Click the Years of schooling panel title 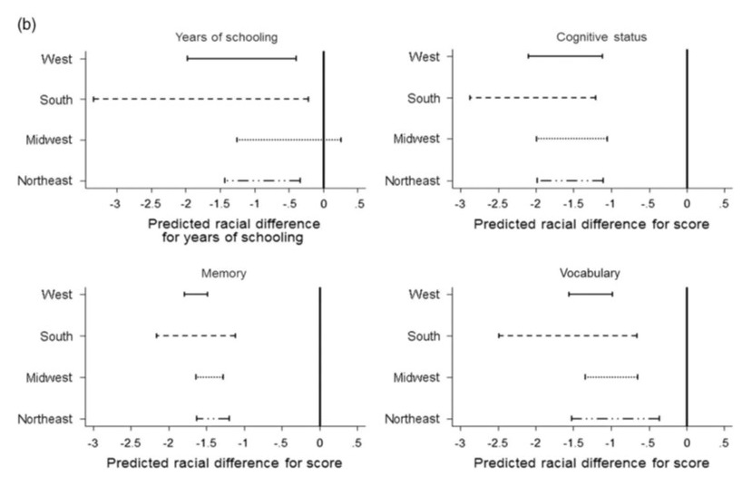coord(227,37)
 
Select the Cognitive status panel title coord(594,36)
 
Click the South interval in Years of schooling coord(200,98)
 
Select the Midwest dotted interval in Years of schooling coord(288,140)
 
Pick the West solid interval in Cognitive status coord(565,56)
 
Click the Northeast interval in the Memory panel coord(213,418)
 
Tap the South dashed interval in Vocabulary coord(568,335)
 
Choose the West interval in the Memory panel coord(196,294)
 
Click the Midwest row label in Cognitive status coord(416,139)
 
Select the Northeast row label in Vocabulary coord(413,418)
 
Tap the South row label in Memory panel coord(57,335)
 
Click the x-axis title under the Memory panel coord(224,463)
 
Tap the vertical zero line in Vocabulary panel coord(687,354)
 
